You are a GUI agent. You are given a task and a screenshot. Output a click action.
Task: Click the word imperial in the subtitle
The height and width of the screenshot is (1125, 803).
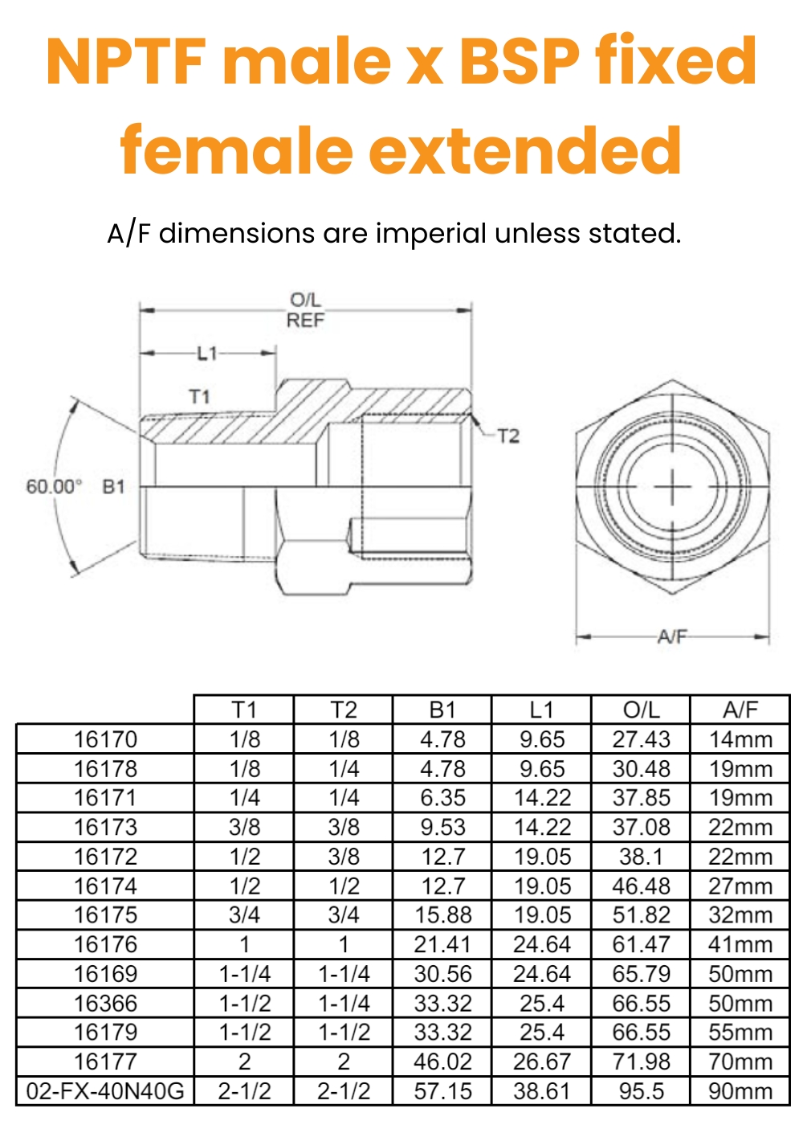click(x=431, y=234)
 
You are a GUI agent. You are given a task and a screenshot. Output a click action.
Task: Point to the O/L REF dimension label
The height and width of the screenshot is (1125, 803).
click(x=305, y=310)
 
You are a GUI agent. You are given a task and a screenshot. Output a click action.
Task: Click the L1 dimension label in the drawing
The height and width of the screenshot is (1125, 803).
click(x=207, y=353)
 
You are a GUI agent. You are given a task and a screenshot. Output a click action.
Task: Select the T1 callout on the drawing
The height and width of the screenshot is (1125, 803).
click(x=200, y=396)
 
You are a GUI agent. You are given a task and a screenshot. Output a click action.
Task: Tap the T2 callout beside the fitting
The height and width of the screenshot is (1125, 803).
click(x=508, y=436)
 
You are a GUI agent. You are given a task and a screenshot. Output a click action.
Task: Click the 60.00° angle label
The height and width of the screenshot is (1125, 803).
click(x=54, y=487)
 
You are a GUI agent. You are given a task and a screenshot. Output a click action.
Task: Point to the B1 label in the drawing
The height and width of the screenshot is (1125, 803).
click(x=114, y=487)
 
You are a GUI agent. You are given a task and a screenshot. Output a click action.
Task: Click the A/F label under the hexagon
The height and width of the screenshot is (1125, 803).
click(x=672, y=636)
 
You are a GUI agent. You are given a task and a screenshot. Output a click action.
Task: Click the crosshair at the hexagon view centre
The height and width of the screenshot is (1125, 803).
click(x=672, y=487)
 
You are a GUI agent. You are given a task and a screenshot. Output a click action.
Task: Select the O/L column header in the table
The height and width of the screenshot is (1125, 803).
click(x=641, y=710)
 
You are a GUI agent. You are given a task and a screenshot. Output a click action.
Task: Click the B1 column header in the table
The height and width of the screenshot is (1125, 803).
click(x=442, y=710)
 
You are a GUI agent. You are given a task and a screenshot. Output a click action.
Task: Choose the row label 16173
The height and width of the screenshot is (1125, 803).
click(x=105, y=828)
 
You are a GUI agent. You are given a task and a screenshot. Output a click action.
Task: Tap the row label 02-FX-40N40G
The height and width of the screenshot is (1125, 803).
click(x=105, y=1091)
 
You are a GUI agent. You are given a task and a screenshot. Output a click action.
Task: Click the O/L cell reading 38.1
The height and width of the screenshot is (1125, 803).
click(x=641, y=857)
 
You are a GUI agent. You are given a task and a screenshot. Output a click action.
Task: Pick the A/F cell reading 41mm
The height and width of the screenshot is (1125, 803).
click(x=740, y=945)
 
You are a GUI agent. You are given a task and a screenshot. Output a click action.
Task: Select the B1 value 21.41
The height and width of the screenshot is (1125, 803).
click(x=442, y=945)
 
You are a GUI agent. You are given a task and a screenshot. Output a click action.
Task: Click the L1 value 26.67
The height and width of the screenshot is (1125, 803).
click(x=542, y=1062)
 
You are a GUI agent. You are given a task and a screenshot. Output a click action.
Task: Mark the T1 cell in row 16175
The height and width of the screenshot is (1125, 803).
click(x=244, y=915)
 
